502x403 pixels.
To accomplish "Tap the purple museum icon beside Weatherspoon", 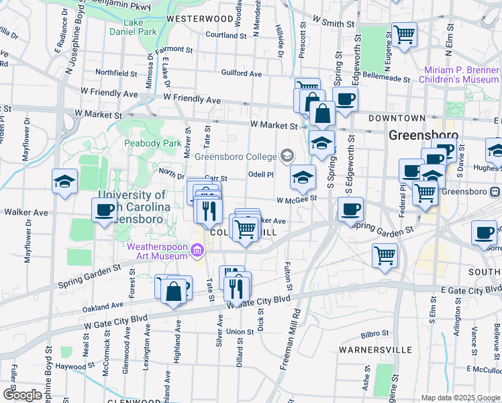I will click(x=197, y=252).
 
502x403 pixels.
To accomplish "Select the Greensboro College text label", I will click(x=236, y=156).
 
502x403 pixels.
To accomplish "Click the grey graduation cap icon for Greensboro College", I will click(x=287, y=156).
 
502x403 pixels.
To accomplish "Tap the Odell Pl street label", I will click(x=261, y=174).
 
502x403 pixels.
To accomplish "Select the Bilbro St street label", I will click(x=374, y=334).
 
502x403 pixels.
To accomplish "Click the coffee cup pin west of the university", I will click(x=105, y=209).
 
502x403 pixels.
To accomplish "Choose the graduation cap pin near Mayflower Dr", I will click(x=65, y=181).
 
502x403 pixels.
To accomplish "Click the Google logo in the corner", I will click(x=22, y=395).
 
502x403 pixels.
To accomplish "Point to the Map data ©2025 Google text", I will click(x=460, y=398).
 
